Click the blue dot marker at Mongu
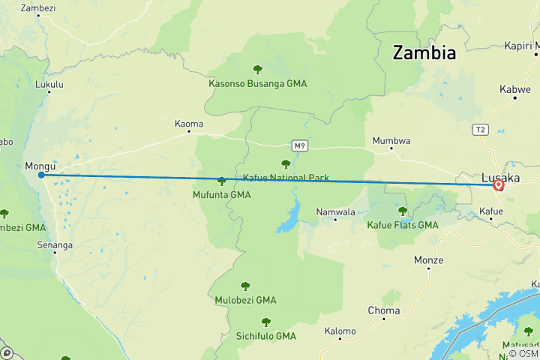pos(41,175)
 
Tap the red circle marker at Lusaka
pos(498,184)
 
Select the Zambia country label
pos(424,53)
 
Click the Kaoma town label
pos(188,123)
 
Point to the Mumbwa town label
pos(391,140)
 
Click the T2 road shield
pos(481,130)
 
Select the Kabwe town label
pos(515,89)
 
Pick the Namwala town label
pos(334,212)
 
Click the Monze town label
pos(428,260)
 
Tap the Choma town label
pos(383,310)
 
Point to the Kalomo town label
pos(340,331)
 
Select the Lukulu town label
pos(49,85)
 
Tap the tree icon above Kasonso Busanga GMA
pos(258,70)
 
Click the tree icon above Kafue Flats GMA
pos(403,211)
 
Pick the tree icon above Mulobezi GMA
pos(245,286)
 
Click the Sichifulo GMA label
pos(266,335)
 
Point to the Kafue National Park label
pos(286,178)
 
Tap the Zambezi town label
pos(38,8)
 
